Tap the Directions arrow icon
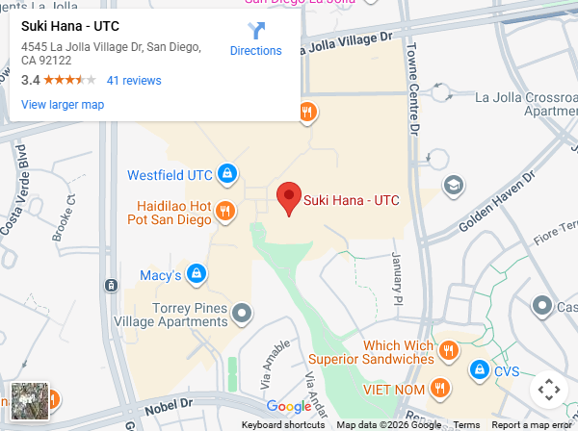tap(255, 30)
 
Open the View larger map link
tap(63, 105)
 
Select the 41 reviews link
tap(134, 81)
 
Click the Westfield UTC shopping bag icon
tap(227, 174)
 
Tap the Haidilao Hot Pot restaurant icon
tap(225, 211)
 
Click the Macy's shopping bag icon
tap(197, 274)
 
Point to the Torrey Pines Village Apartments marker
tap(243, 313)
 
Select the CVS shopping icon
tap(479, 369)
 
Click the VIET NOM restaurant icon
tap(440, 388)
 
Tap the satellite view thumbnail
tap(29, 400)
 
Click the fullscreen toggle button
tap(548, 390)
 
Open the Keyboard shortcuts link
tap(283, 425)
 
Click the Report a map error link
tap(532, 425)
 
